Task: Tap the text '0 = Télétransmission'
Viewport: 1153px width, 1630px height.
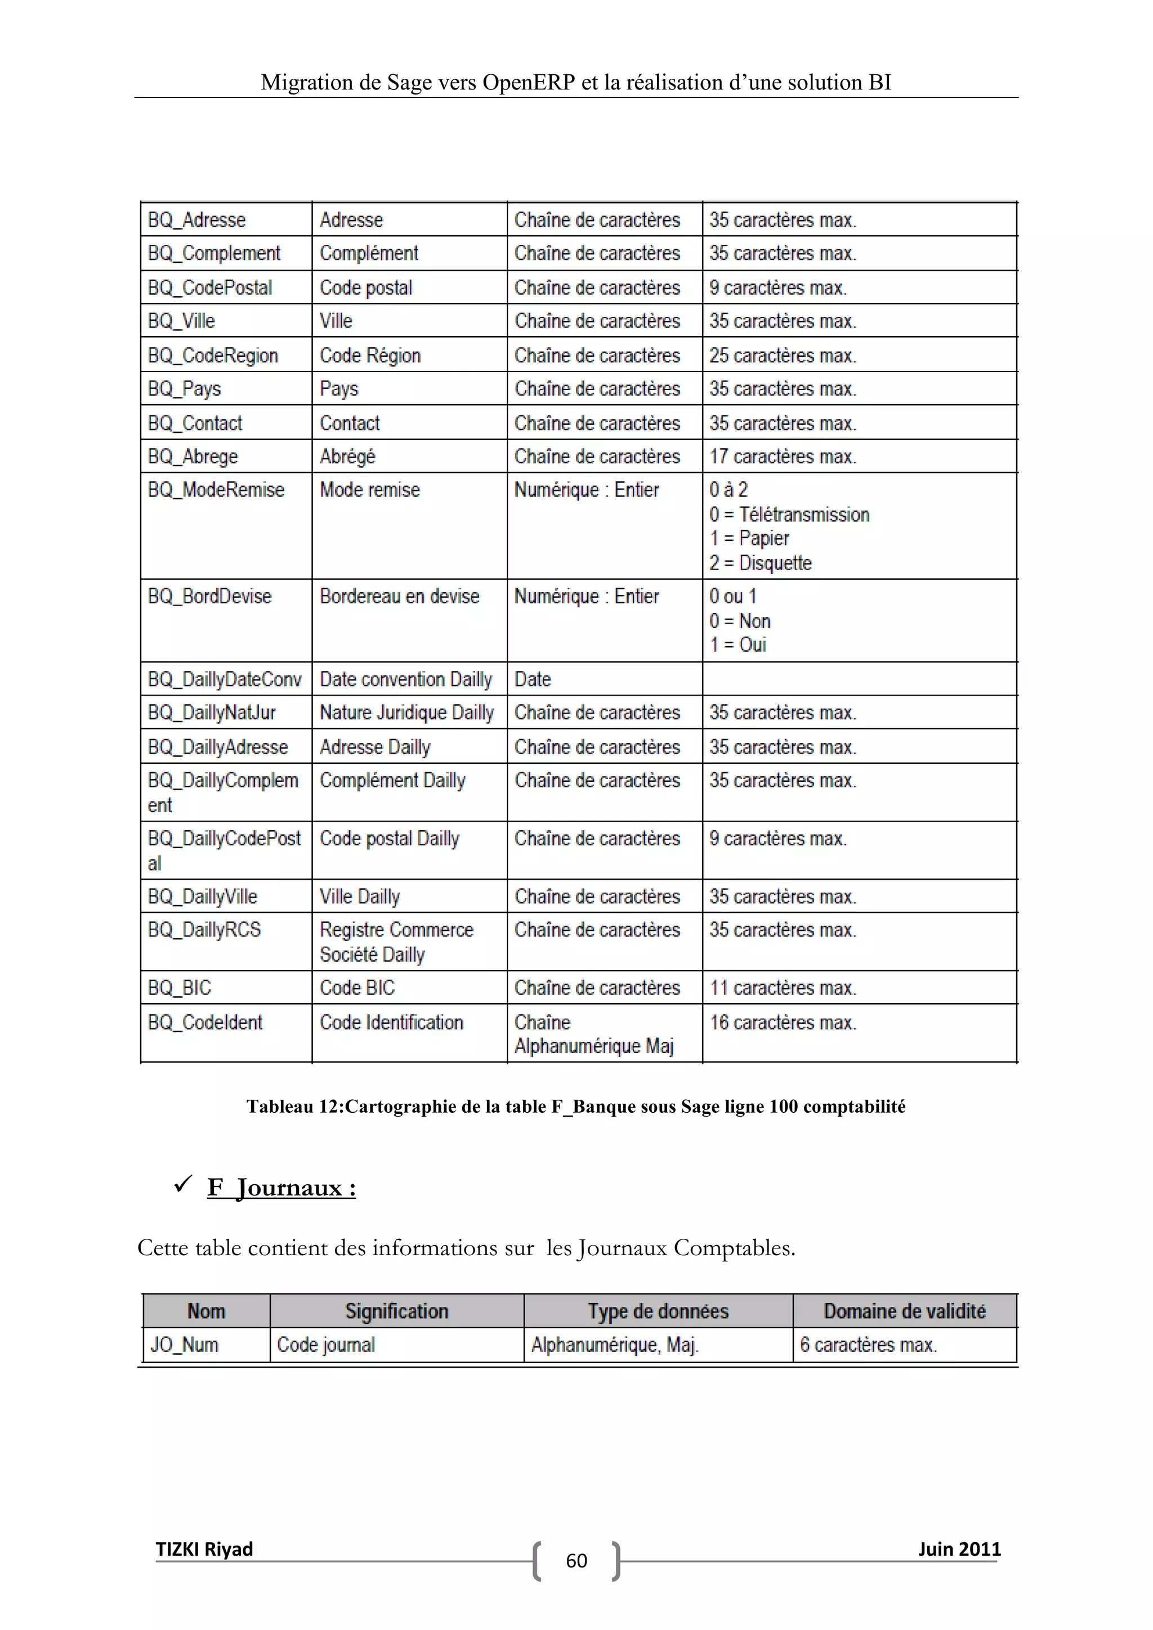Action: click(x=789, y=514)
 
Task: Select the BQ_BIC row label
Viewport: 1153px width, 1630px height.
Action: click(x=180, y=988)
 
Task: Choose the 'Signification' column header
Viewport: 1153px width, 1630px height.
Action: click(x=396, y=1310)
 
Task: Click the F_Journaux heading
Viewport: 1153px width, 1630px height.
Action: click(x=281, y=1188)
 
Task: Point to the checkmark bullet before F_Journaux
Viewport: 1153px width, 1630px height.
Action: click(x=182, y=1184)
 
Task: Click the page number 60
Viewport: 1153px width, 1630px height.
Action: click(x=576, y=1560)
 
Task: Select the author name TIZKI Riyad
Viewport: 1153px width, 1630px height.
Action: click(x=204, y=1548)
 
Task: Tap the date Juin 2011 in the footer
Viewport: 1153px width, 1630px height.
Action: click(x=958, y=1548)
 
